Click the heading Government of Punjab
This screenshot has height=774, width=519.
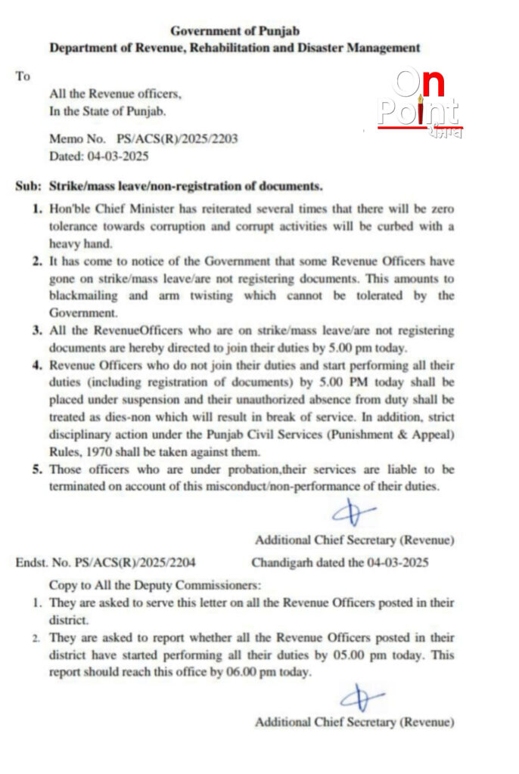(235, 31)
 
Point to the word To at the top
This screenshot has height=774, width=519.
(23, 76)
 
